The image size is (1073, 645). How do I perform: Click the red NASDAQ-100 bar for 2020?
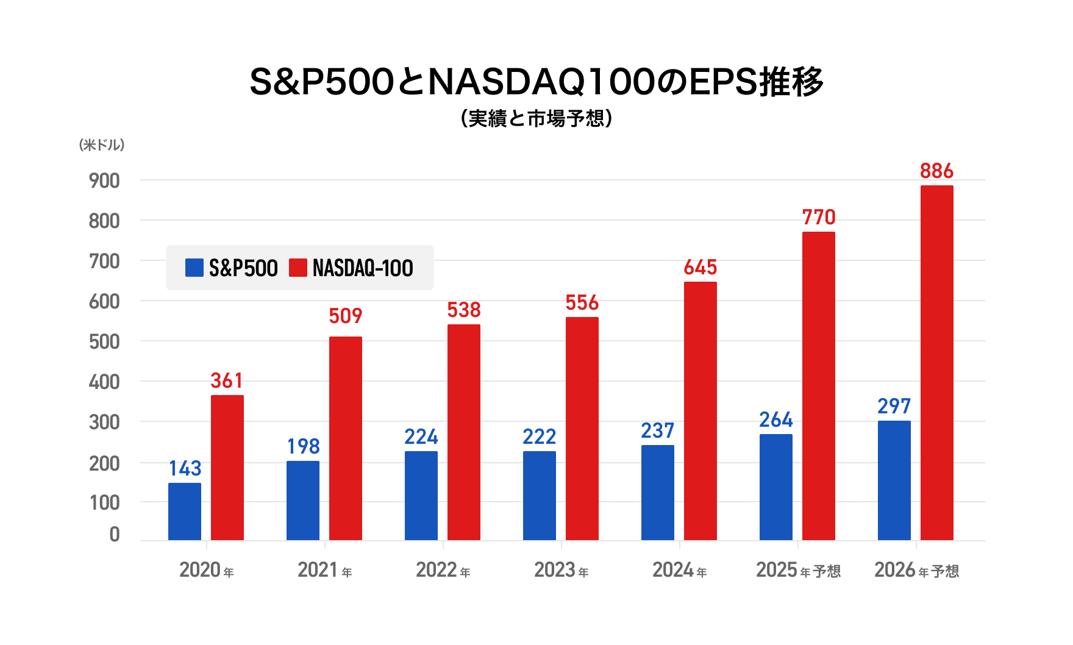coord(227,468)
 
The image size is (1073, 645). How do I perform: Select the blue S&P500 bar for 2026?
coord(894,480)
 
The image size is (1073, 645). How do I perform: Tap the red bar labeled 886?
coord(937,363)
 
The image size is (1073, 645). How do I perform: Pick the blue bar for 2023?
coord(540,496)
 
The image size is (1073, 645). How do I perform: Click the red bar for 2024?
coord(700,411)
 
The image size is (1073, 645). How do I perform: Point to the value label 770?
coord(819,218)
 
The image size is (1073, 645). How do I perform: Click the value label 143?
coord(185,468)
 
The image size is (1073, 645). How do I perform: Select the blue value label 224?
coord(421,437)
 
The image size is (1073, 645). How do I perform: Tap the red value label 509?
coord(346,316)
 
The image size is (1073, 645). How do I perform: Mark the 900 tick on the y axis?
coord(104,180)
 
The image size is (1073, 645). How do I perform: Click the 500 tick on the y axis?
coord(104,341)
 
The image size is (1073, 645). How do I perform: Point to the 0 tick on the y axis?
coord(115,535)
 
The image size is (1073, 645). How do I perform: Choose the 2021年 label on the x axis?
coord(324,571)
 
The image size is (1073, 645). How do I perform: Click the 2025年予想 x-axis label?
coord(798,571)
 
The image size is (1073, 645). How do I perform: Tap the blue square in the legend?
coord(194,268)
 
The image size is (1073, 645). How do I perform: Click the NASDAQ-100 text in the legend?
coord(363,268)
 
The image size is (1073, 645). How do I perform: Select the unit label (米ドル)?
coord(102,144)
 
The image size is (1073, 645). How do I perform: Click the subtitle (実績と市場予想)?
coord(536,118)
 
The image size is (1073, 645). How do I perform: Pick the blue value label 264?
coord(776,419)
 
